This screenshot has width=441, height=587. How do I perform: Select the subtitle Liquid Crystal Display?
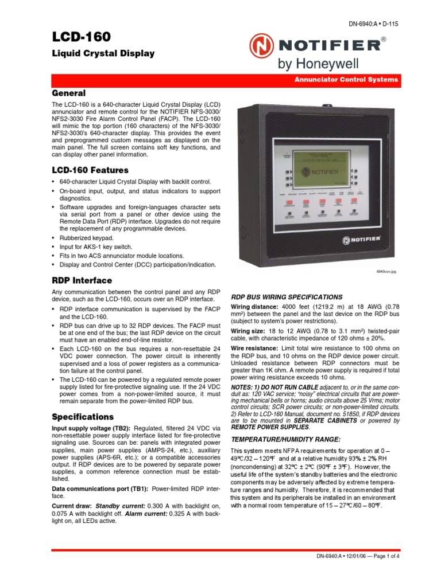click(x=103, y=53)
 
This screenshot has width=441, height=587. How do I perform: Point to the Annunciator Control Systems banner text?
click(x=346, y=80)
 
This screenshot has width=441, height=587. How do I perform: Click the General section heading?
click(x=69, y=93)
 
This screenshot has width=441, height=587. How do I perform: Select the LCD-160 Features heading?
click(x=90, y=170)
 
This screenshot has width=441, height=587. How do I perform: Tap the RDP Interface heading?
click(x=82, y=280)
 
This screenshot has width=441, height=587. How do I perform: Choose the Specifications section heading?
click(x=83, y=417)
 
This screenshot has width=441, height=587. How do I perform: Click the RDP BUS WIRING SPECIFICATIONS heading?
click(x=287, y=297)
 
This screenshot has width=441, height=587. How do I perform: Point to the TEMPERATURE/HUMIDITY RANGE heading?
click(x=285, y=439)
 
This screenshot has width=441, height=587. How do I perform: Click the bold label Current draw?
click(x=71, y=507)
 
